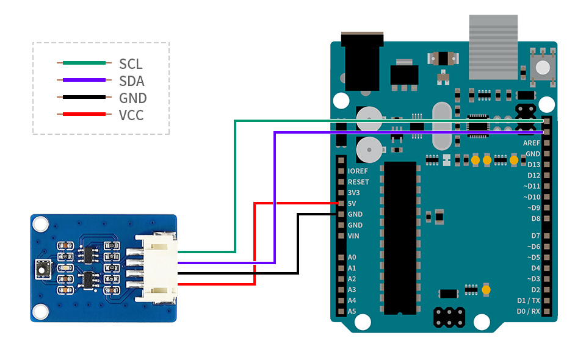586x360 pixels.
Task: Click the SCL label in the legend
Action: point(131,63)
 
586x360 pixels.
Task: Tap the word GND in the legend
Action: point(132,98)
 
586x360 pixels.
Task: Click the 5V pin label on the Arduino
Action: point(352,204)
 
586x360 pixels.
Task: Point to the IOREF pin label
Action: point(358,171)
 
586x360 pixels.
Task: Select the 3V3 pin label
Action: point(354,193)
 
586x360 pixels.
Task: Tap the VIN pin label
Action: point(353,236)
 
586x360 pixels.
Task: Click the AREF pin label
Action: point(531,143)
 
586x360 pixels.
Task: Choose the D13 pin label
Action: point(534,165)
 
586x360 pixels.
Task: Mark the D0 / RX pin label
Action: point(528,311)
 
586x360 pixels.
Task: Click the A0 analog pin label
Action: point(352,257)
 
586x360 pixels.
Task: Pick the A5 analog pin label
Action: point(352,311)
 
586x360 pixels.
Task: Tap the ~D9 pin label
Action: point(532,207)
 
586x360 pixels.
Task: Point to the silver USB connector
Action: point(493,47)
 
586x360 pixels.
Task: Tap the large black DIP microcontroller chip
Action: point(400,238)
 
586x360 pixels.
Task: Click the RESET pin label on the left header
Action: point(358,182)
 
